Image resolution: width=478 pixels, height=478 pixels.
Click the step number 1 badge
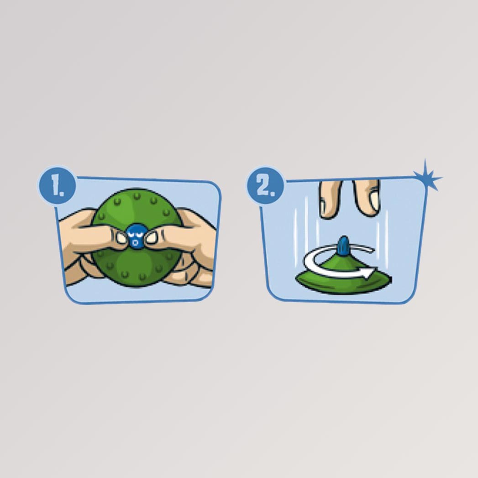click(57, 185)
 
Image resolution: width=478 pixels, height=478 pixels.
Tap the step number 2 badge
click(265, 185)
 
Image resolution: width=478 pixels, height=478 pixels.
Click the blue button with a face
click(135, 236)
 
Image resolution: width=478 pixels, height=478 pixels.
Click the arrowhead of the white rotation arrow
click(369, 272)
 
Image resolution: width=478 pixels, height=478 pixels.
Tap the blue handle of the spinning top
click(344, 246)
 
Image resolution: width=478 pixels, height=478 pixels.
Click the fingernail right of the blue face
click(150, 238)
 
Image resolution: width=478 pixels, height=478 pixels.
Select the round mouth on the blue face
click(135, 243)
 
